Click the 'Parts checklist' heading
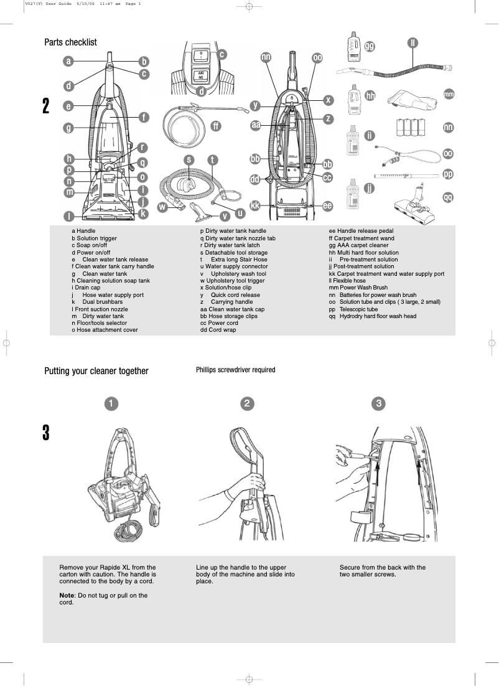tap(70, 42)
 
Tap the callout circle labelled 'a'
tap(68, 61)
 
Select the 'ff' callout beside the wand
tap(215, 126)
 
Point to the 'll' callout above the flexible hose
tap(413, 43)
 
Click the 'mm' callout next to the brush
tap(449, 94)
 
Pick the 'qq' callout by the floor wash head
tap(448, 197)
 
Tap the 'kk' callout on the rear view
tap(255, 205)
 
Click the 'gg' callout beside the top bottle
tap(370, 47)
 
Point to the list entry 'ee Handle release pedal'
tap(361, 231)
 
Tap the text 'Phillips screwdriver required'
tap(235, 370)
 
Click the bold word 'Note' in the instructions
tap(67, 595)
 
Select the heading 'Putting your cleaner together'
tap(96, 371)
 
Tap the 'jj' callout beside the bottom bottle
tap(370, 188)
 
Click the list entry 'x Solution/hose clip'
tap(225, 288)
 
